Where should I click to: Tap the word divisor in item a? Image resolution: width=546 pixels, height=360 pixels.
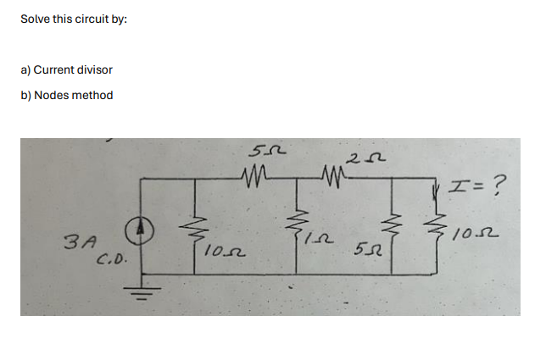pos(94,69)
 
